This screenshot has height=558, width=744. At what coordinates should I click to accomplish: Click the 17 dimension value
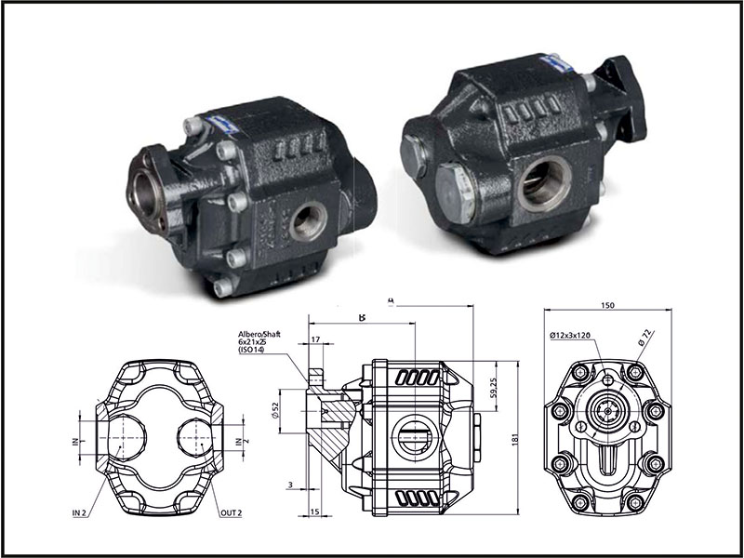317,340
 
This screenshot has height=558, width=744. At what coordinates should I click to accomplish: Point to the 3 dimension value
290,485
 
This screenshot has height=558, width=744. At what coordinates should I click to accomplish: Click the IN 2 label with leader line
81,513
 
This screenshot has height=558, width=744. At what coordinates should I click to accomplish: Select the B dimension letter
362,317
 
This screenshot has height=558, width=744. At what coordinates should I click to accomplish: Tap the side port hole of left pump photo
310,220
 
